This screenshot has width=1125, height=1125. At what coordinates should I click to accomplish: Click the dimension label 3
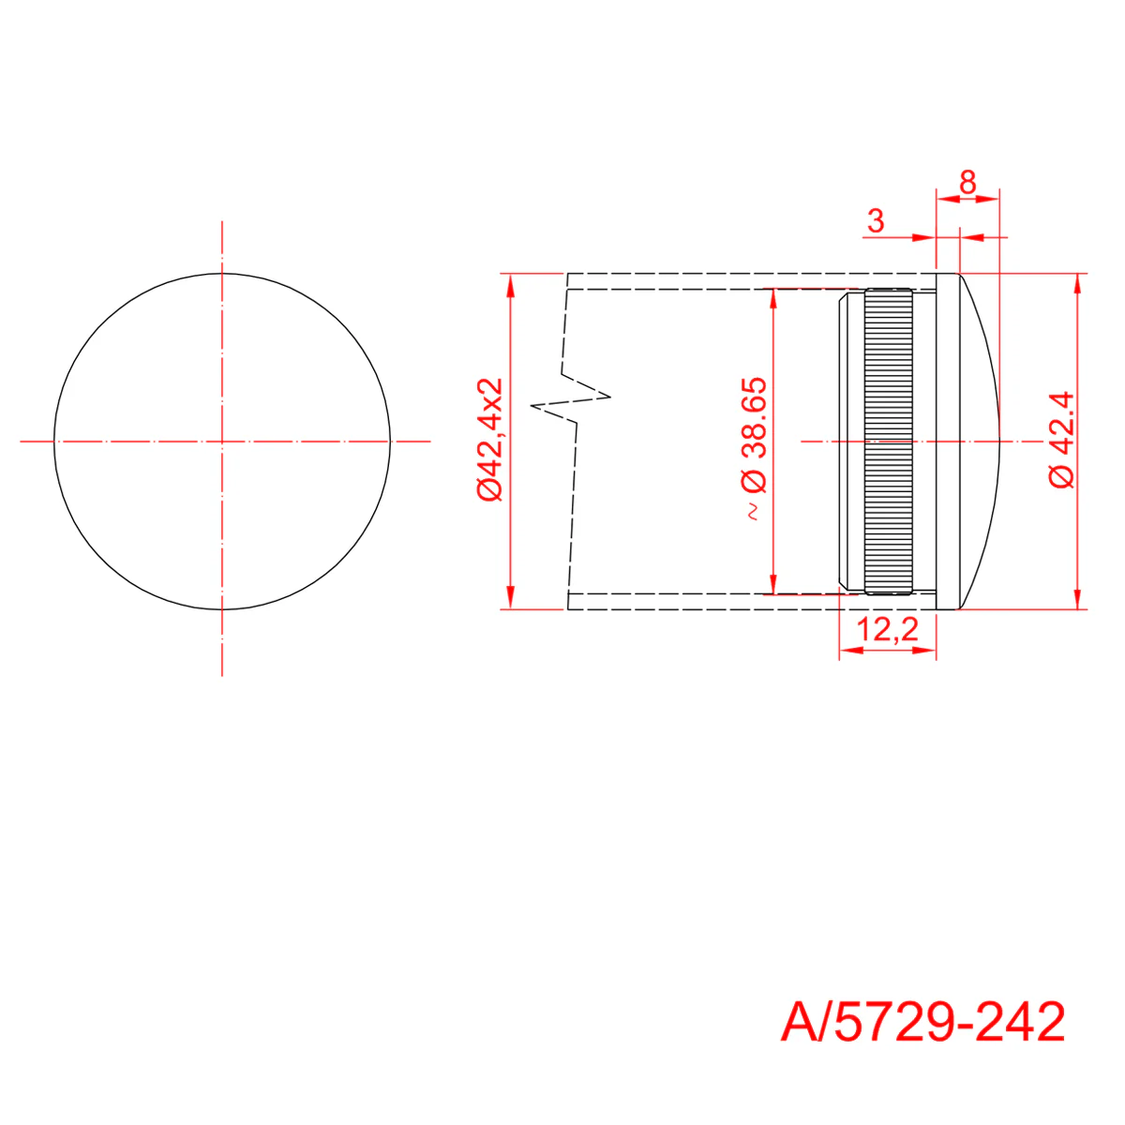(x=876, y=221)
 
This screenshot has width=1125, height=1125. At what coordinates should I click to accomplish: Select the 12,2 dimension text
(x=888, y=629)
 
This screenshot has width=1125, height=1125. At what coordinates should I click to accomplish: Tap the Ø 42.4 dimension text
(x=1061, y=440)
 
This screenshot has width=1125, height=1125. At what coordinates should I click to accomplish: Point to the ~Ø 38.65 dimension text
(x=755, y=448)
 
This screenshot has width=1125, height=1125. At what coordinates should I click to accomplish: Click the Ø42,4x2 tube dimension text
(x=489, y=439)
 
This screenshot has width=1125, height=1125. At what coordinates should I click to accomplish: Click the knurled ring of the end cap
(x=888, y=442)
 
